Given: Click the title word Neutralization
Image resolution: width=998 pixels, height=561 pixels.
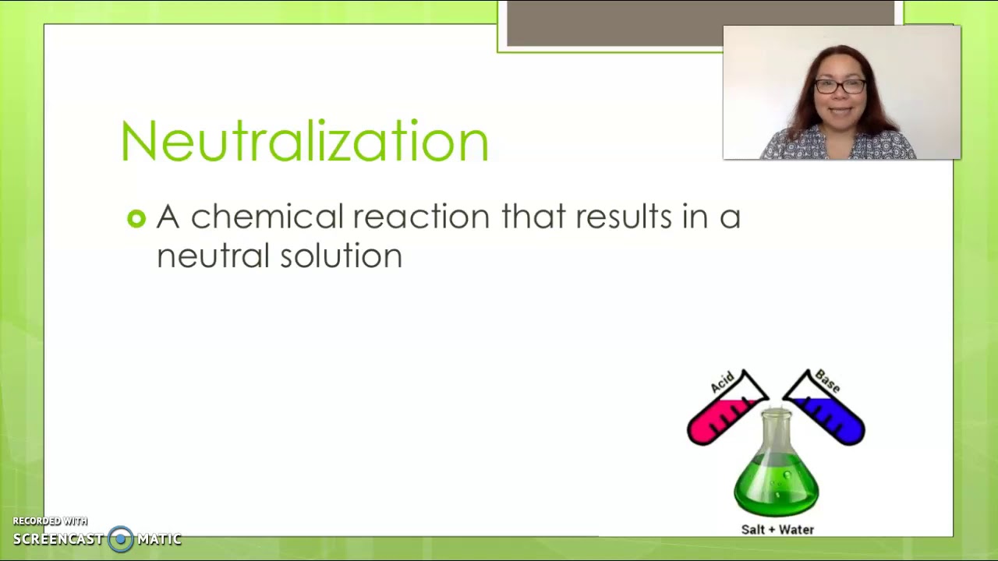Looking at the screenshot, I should (x=304, y=142).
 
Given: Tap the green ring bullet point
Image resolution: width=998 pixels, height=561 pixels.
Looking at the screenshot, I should (x=136, y=219).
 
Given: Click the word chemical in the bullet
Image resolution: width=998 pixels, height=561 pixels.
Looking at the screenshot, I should (x=267, y=217).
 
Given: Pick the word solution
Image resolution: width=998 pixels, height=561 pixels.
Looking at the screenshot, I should (x=341, y=256).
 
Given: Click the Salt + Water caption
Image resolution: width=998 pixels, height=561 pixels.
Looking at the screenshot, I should (x=777, y=530).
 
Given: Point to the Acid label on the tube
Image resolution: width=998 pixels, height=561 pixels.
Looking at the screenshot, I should (x=722, y=382).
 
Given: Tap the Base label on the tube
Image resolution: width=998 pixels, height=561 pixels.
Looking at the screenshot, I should (x=827, y=381).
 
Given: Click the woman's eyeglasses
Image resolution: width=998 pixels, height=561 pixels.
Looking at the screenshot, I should (x=841, y=86).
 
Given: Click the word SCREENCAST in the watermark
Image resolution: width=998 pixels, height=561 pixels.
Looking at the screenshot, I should (x=58, y=539).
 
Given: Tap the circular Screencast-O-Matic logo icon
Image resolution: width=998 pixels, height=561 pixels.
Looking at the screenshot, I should (x=121, y=538).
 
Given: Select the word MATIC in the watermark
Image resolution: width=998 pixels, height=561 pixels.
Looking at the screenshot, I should (x=159, y=539).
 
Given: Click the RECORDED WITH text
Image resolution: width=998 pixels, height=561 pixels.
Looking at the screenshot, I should (x=50, y=521).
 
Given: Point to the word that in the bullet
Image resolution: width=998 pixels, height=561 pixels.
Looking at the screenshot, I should (x=533, y=217).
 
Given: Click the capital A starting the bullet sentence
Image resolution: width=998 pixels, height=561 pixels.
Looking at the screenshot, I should (x=168, y=217).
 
